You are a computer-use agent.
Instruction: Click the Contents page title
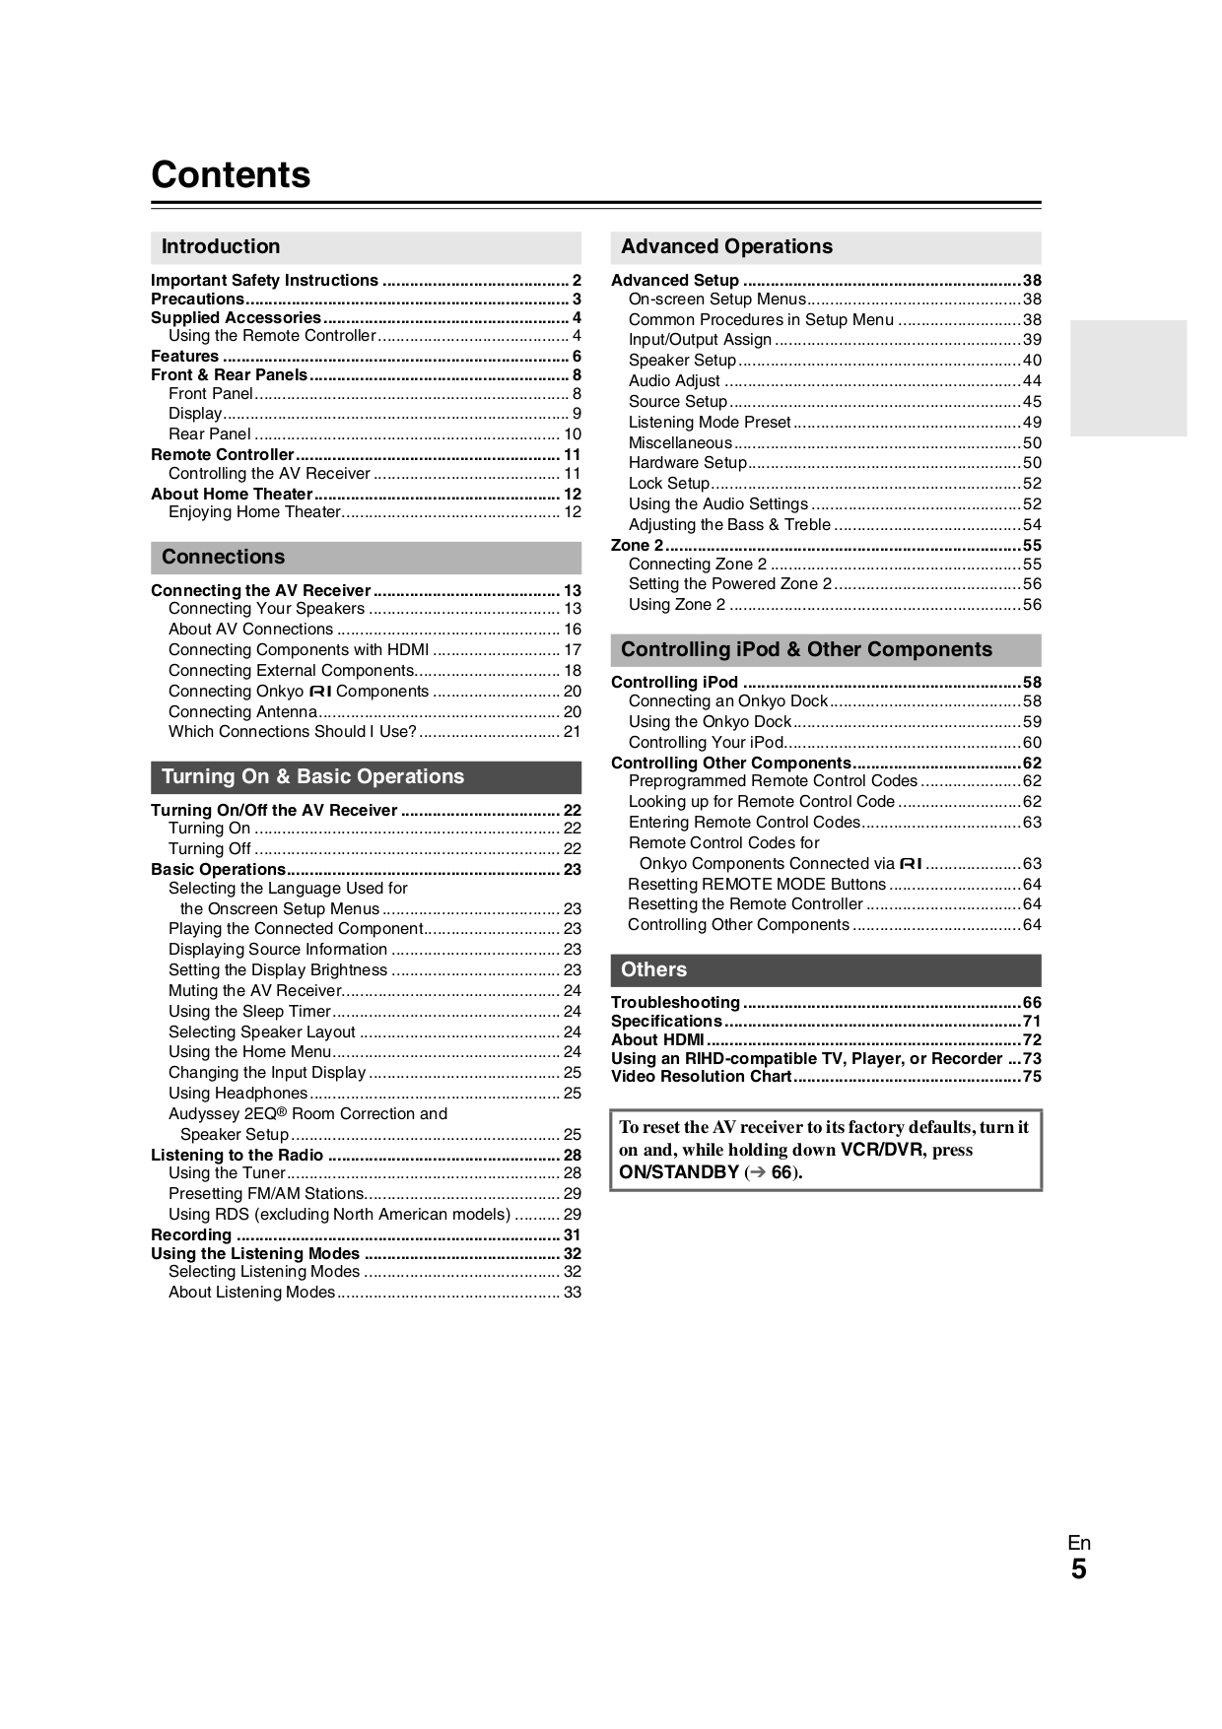click(231, 174)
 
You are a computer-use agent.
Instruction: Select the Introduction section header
click(221, 246)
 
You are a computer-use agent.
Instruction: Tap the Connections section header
click(223, 557)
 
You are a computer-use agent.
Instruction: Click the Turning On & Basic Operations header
click(312, 776)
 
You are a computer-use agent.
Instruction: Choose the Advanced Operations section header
click(726, 246)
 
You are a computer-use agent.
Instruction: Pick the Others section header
click(653, 969)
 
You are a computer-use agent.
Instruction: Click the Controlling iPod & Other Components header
click(806, 649)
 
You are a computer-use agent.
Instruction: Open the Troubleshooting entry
click(675, 1002)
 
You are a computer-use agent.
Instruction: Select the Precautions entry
click(197, 299)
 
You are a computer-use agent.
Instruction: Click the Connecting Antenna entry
click(242, 711)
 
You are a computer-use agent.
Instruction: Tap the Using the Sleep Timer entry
click(249, 1011)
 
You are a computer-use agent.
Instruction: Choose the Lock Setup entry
click(669, 483)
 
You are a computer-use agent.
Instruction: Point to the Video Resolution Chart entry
click(701, 1076)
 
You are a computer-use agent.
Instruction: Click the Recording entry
click(191, 1234)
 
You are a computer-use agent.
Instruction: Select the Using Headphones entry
click(238, 1093)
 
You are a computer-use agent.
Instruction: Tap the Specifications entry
click(666, 1021)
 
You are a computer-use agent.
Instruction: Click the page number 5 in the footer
click(1079, 1568)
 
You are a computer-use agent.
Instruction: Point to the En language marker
click(1079, 1543)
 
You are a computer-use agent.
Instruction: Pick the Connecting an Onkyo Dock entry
click(727, 700)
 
